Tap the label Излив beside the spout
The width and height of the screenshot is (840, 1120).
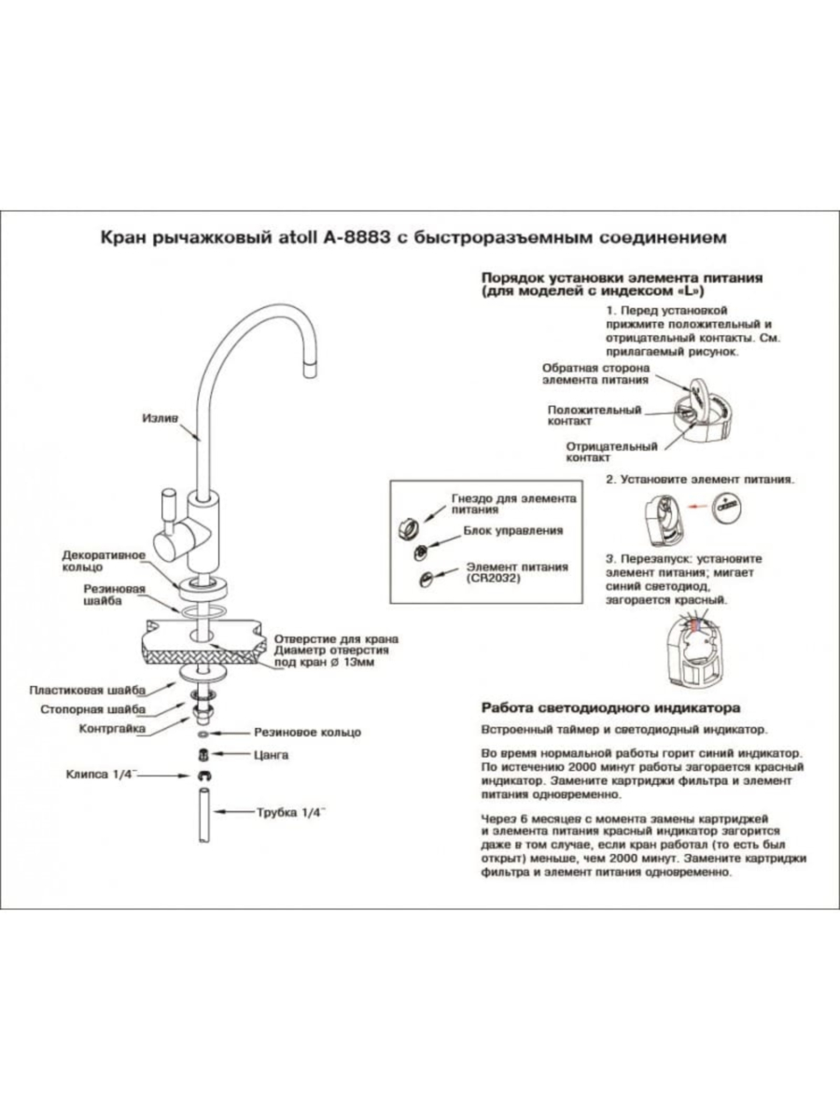pos(160,419)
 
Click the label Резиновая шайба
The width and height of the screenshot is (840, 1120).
pos(113,596)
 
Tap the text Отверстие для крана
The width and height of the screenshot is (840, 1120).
pos(336,639)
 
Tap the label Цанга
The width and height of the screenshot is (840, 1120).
pos(272,754)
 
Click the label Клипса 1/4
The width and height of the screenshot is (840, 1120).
pos(101,775)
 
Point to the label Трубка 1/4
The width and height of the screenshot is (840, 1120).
pos(290,813)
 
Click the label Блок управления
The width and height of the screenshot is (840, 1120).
pos(513,531)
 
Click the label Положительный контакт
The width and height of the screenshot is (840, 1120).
pos(594,415)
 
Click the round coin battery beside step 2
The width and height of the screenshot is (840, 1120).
pos(728,510)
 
